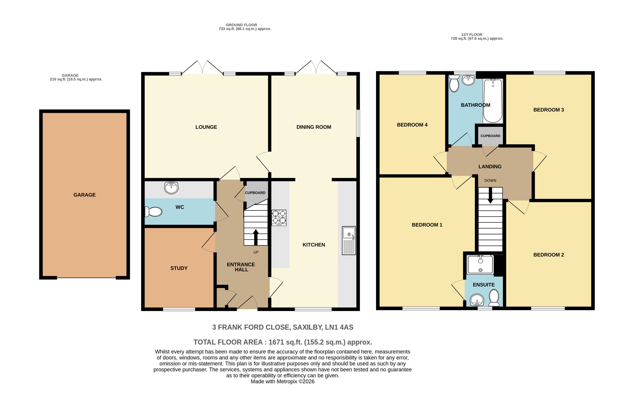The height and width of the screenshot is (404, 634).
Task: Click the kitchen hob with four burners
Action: coord(279,218)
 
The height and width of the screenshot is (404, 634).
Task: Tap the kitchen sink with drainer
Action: coord(349,240)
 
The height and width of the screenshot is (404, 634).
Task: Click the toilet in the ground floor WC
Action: coord(153,211)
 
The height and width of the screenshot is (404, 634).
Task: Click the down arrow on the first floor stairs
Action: coord(490,196)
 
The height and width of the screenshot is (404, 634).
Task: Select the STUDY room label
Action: coord(179,268)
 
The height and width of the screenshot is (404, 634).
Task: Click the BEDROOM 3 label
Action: coord(549,110)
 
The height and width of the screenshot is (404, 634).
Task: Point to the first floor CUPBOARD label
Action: coord(490,136)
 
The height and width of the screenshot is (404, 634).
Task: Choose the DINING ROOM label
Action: coord(314,127)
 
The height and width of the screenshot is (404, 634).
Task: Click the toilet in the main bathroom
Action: coord(454,84)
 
